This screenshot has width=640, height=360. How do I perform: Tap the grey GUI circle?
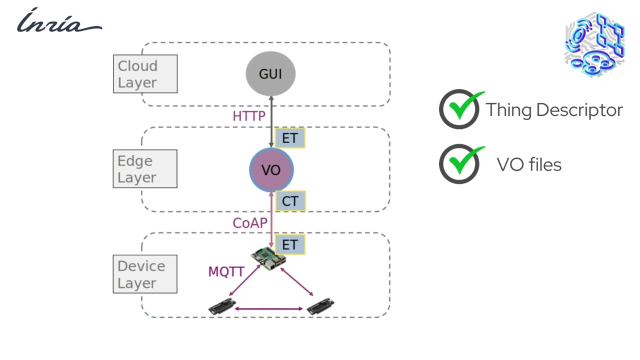click(270, 74)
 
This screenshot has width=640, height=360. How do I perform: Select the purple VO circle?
click(271, 170)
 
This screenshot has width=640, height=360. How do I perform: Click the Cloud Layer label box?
click(145, 74)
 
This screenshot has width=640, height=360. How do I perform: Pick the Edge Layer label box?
click(145, 169)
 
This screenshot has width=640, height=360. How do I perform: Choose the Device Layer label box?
click(145, 274)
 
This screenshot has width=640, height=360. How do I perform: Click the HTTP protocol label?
click(248, 116)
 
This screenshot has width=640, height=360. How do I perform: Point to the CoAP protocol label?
click(250, 223)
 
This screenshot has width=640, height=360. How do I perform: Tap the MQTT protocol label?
click(226, 272)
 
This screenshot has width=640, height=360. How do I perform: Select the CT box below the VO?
click(290, 201)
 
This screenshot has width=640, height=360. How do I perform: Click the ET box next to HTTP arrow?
click(290, 138)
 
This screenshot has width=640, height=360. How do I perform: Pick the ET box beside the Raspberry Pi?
click(290, 244)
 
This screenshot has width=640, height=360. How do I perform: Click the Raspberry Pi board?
click(268, 257)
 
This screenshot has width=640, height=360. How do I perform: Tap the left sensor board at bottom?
click(222, 305)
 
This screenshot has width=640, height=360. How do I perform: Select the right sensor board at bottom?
click(320, 305)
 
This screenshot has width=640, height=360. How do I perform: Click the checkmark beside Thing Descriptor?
click(460, 108)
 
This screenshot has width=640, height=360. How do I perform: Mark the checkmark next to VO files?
click(460, 163)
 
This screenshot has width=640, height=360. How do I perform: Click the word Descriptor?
click(579, 110)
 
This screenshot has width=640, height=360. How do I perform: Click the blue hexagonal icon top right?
click(594, 44)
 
